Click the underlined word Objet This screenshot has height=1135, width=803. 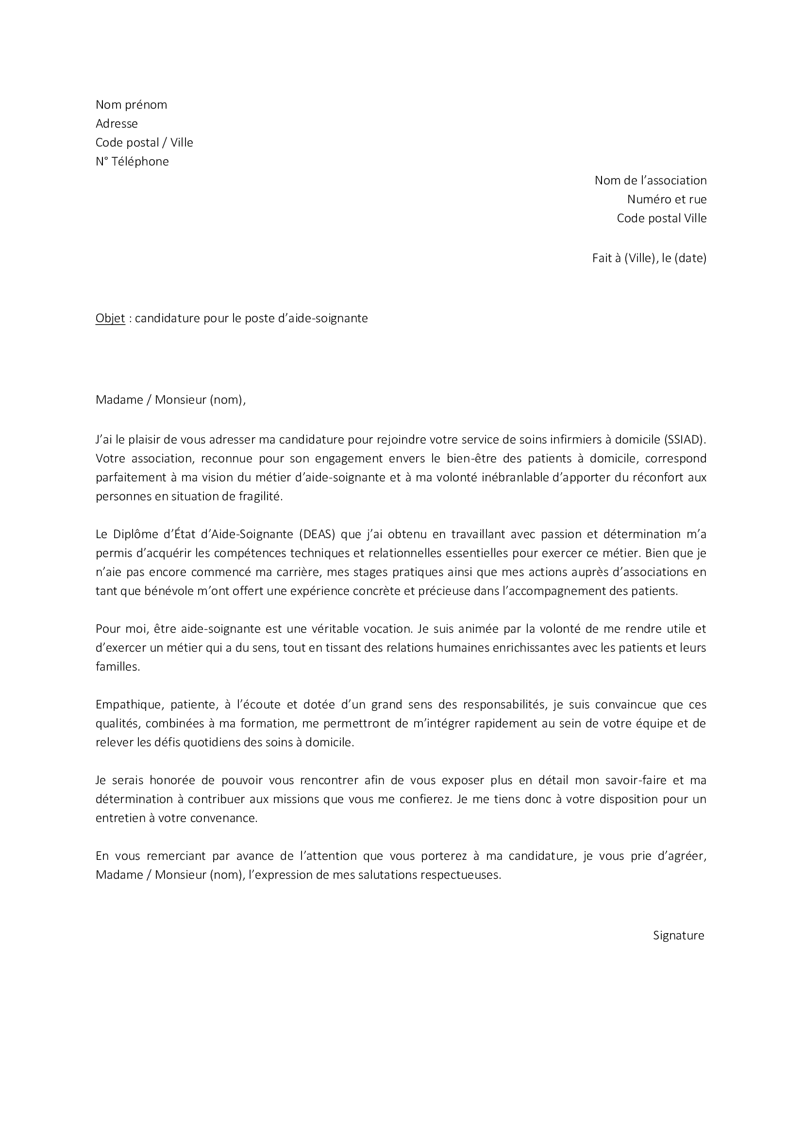point(110,318)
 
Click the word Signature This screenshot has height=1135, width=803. point(678,935)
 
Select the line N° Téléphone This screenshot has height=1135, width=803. point(132,161)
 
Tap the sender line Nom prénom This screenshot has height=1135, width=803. point(131,104)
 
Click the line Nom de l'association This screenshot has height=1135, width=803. point(650,180)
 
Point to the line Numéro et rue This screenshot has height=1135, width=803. point(667,199)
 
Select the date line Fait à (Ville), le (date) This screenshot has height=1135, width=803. point(649,258)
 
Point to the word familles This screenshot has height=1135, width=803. point(117,667)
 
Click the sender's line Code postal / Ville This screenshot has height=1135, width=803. point(144,142)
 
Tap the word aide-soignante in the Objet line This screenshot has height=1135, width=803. point(328,318)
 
